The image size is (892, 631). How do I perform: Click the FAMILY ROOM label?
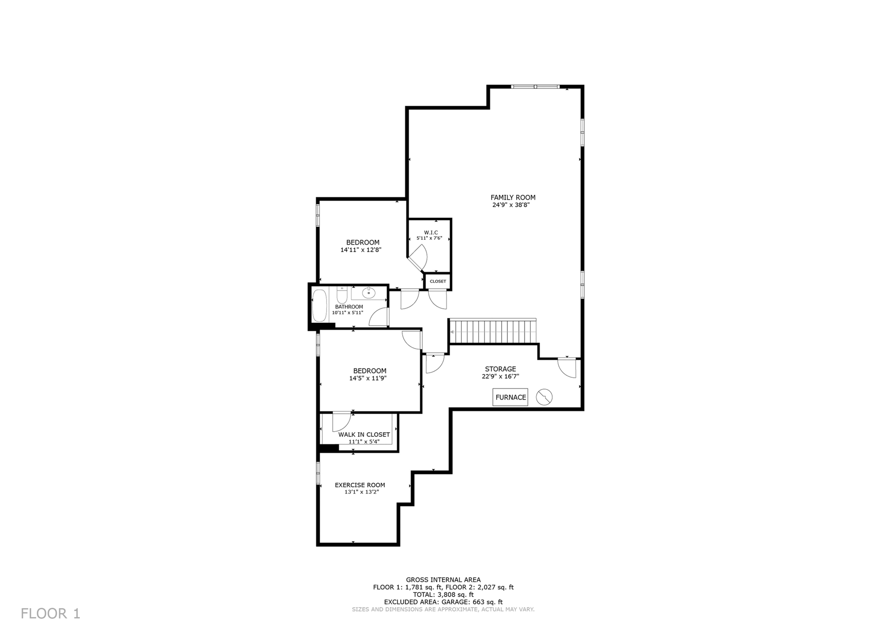[x=513, y=197]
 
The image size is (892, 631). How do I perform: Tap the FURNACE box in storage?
[x=511, y=397]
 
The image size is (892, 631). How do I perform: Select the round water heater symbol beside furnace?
[x=544, y=397]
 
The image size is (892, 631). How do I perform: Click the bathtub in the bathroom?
[x=320, y=305]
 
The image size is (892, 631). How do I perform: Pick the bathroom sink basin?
[x=369, y=293]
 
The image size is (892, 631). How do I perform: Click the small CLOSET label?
[x=438, y=282]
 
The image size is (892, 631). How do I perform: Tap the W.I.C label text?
[x=431, y=232]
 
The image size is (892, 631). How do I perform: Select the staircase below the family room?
[x=492, y=331]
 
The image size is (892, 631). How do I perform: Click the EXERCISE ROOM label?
[x=360, y=485]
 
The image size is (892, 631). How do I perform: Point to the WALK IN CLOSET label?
[x=364, y=434]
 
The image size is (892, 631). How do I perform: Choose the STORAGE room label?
[x=500, y=369]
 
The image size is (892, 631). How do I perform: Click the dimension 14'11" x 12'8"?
[x=361, y=250]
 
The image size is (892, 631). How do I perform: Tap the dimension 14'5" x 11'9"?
[x=368, y=378]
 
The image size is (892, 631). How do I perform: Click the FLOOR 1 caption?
[x=51, y=613]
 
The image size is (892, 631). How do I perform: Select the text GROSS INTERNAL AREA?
[x=443, y=580]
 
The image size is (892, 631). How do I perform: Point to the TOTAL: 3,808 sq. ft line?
[x=443, y=595]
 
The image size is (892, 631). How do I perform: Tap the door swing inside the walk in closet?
[x=341, y=421]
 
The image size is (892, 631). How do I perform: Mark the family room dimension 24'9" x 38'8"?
[x=511, y=204]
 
